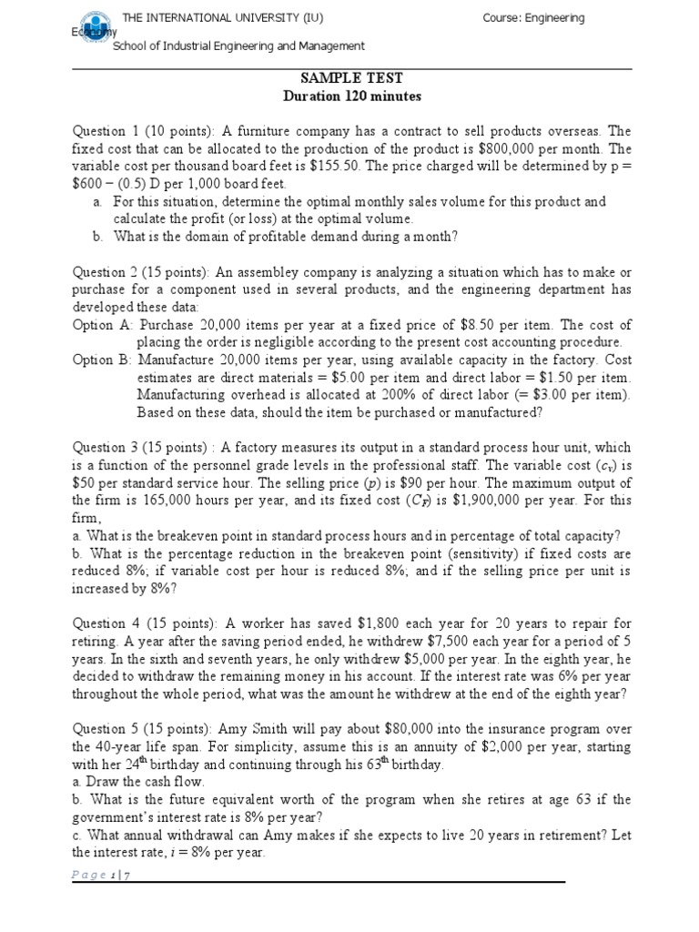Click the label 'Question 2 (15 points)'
click(139, 273)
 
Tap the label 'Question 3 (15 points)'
click(139, 447)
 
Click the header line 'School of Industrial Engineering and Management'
click(238, 46)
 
